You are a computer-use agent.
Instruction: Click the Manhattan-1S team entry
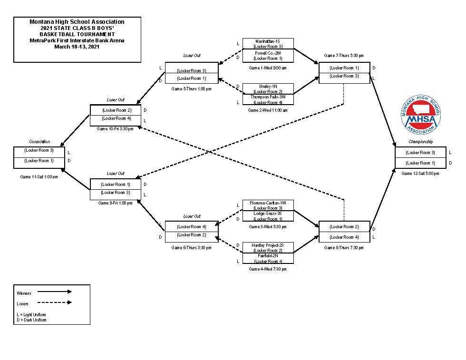(x=268, y=41)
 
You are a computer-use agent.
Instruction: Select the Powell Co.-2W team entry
(x=268, y=53)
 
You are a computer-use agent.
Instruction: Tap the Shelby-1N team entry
(x=268, y=86)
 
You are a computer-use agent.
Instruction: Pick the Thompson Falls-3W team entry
(x=268, y=97)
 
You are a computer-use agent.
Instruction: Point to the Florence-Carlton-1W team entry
(x=268, y=203)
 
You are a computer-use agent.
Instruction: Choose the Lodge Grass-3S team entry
(x=268, y=214)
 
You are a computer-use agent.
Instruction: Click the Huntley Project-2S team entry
(x=268, y=245)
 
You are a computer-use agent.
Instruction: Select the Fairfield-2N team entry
(x=268, y=256)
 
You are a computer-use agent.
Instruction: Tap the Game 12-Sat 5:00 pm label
(x=420, y=174)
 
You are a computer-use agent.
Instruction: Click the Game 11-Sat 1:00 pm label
(x=39, y=177)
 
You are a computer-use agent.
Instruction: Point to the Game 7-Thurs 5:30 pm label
(x=344, y=56)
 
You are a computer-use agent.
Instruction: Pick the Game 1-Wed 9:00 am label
(x=268, y=68)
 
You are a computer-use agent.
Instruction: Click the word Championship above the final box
(x=420, y=142)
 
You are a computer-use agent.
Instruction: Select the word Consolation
(x=39, y=142)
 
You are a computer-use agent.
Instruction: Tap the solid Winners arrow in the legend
(x=54, y=292)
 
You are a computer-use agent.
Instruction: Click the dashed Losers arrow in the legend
(x=54, y=302)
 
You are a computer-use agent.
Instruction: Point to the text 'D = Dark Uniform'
(x=31, y=320)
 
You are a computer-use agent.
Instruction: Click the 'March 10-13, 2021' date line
(x=77, y=47)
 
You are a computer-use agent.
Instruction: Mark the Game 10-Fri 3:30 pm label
(x=116, y=129)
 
